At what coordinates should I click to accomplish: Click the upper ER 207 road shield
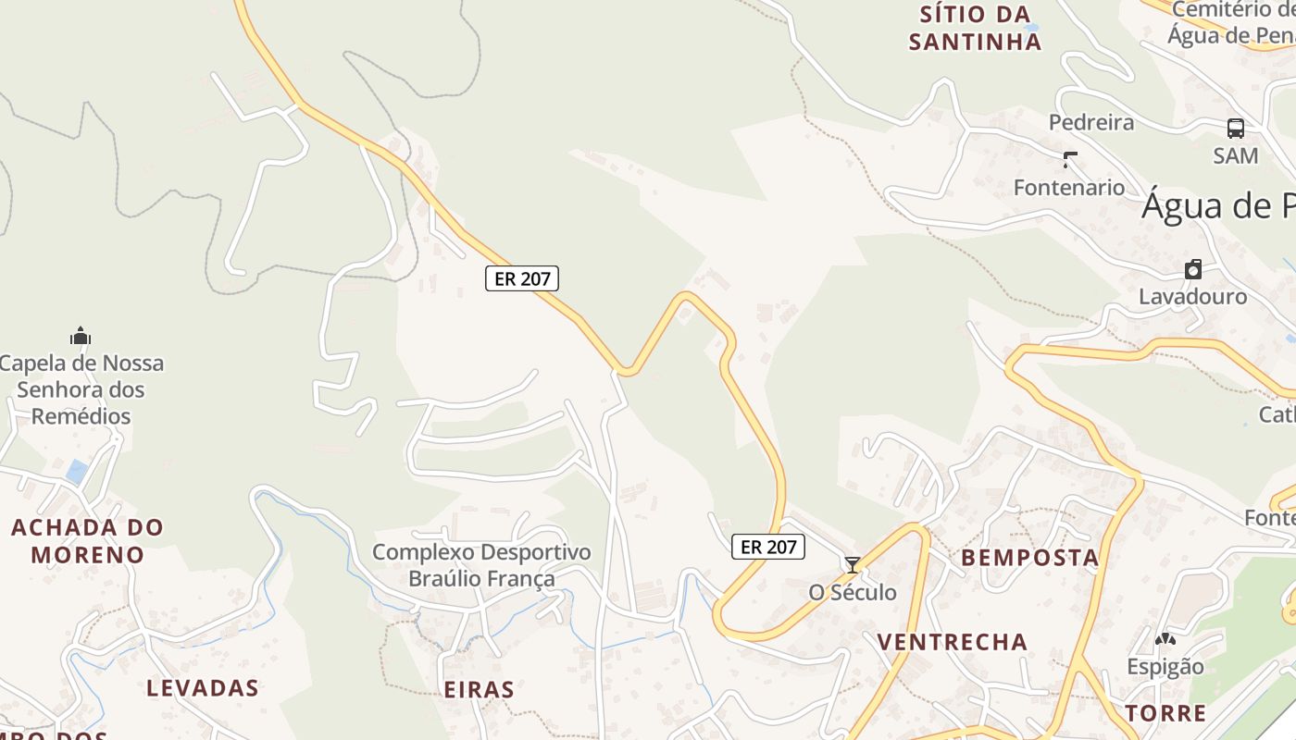[522, 278]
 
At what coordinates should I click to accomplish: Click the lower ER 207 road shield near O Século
[768, 547]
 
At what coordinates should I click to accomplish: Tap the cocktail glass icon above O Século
[853, 564]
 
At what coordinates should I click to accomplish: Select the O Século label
[853, 592]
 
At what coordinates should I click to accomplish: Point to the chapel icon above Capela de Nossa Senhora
[81, 336]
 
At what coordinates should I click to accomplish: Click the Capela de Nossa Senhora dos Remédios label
[81, 389]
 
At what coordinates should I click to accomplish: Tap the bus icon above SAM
[1236, 129]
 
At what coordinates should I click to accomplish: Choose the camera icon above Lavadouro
[1193, 269]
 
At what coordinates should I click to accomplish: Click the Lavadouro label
[1192, 297]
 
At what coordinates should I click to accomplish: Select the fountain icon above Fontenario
[1069, 160]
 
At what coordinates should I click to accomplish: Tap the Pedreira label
[1091, 122]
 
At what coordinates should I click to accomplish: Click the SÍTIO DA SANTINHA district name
[975, 28]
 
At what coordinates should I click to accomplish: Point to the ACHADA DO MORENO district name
[87, 541]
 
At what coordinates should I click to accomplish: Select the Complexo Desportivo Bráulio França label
[481, 565]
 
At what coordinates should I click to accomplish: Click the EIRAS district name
[479, 690]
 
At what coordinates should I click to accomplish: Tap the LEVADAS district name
[203, 688]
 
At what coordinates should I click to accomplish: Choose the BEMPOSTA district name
[1029, 558]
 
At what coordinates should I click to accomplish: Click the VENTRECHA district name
[952, 642]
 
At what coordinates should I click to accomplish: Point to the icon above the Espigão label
[1165, 639]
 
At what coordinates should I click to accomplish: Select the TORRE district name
[1165, 713]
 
